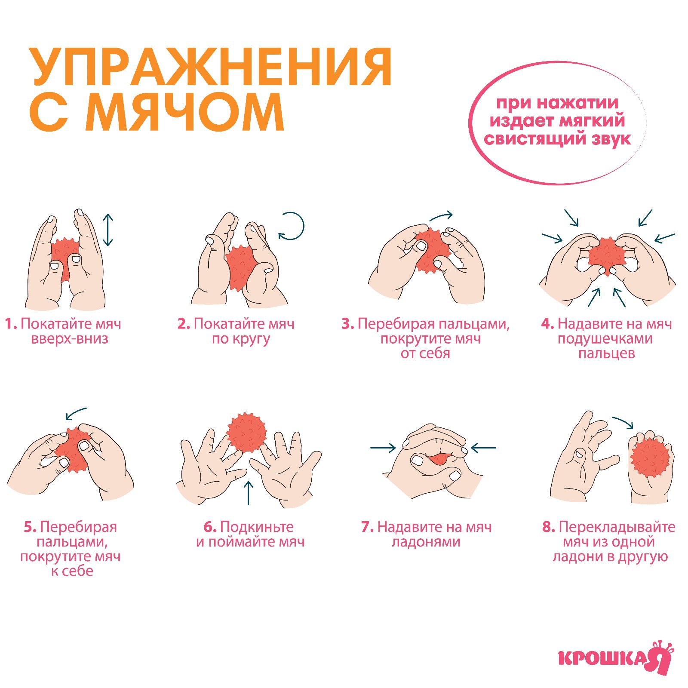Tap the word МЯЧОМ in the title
pyautogui.click(x=185, y=113)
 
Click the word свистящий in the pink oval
pyautogui.click(x=533, y=139)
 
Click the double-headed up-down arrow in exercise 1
pyautogui.click(x=107, y=230)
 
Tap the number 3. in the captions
pyautogui.click(x=347, y=324)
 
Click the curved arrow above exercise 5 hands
pyautogui.click(x=76, y=414)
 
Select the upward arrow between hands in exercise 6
pyautogui.click(x=248, y=492)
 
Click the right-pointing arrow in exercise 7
pyautogui.click(x=383, y=448)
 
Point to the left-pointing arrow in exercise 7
pyautogui.click(x=483, y=448)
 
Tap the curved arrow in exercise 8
pyautogui.click(x=623, y=422)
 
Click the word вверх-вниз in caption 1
pyautogui.click(x=70, y=339)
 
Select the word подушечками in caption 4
pyautogui.click(x=605, y=339)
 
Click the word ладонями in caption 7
pyautogui.click(x=426, y=542)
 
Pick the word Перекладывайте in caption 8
pyautogui.click(x=617, y=527)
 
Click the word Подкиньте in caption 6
pyautogui.click(x=257, y=527)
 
